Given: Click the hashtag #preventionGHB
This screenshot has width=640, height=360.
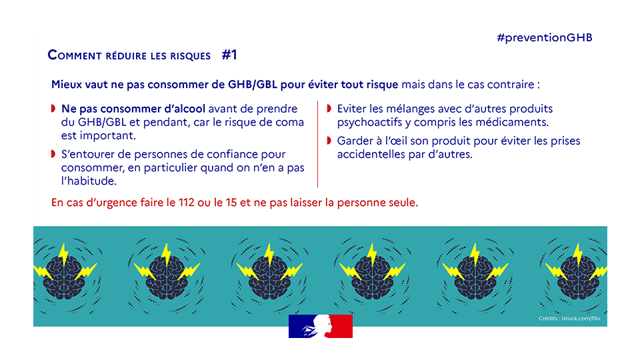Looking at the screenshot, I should point(545,37).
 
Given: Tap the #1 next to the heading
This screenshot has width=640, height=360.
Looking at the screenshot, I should point(229,55).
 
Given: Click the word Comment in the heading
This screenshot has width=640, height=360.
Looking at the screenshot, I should point(75,56).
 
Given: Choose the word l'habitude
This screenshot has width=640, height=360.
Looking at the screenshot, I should point(89,181).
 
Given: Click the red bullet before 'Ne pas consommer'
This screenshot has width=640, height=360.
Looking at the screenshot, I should point(53,109).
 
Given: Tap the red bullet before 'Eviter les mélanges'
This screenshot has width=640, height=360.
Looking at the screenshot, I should point(329,109).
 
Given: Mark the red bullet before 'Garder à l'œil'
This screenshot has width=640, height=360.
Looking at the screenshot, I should point(329,141).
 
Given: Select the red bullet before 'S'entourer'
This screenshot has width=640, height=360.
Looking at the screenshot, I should point(53,155).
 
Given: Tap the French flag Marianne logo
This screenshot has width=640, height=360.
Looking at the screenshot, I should point(320,326).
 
